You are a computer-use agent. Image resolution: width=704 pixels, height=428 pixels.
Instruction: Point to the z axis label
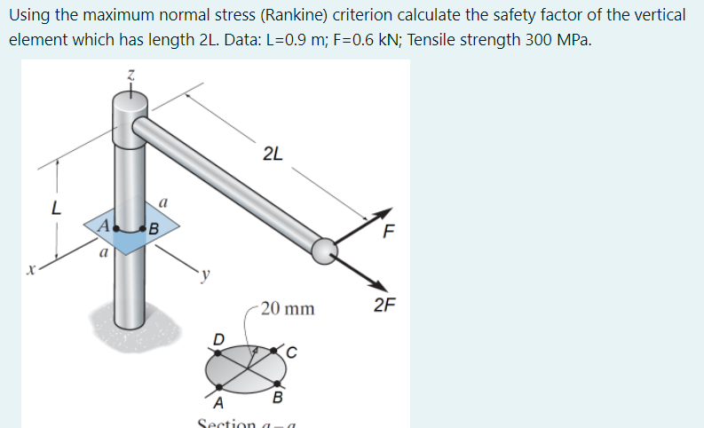[x=129, y=77]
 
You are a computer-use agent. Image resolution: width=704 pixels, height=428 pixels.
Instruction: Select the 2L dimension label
[x=274, y=154]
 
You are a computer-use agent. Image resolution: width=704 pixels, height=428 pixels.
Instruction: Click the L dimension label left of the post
[x=55, y=210]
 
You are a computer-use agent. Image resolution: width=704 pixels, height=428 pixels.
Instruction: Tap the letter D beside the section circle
[x=218, y=339]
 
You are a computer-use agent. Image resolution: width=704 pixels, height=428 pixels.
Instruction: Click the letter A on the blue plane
[x=101, y=225]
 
